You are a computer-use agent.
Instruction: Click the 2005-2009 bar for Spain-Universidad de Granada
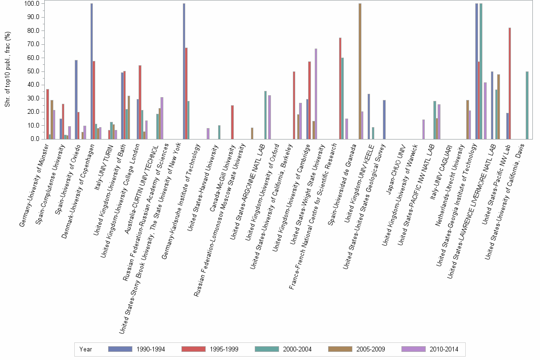(x=360, y=71)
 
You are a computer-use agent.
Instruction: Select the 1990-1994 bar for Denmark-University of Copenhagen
(x=91, y=71)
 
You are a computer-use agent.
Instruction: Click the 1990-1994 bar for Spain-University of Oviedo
(x=76, y=100)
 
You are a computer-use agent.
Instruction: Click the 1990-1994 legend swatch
(x=120, y=349)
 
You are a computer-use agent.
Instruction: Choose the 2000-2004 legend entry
(x=296, y=349)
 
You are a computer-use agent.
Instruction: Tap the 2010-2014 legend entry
(x=443, y=349)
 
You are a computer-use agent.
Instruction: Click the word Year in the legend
(x=86, y=349)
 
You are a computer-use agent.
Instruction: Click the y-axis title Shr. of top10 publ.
(x=8, y=71)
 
